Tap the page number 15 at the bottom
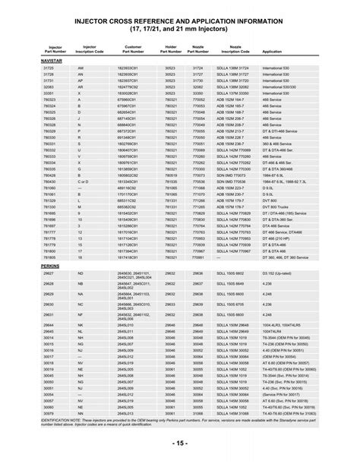click(179, 442)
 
